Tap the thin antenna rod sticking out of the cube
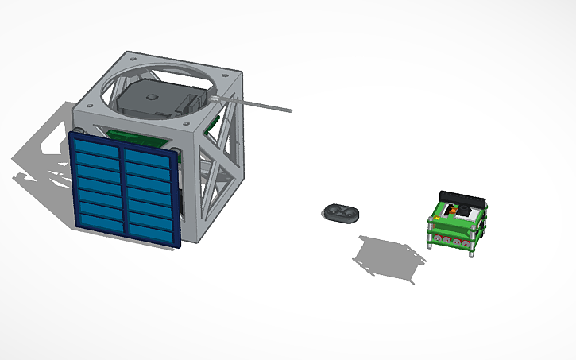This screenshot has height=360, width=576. [262, 105]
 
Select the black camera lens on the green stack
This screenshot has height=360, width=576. [450, 211]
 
